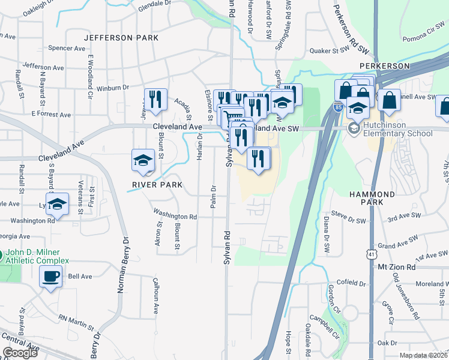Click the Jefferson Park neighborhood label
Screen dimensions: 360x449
click(121, 38)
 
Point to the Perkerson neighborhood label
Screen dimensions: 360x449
click(384, 65)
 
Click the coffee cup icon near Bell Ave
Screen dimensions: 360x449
click(50, 277)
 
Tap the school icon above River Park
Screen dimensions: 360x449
click(143, 160)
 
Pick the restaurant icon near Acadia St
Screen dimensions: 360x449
click(155, 99)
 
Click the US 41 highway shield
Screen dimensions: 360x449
click(373, 255)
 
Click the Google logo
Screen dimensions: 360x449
click(20, 353)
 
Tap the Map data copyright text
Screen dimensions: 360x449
click(423, 355)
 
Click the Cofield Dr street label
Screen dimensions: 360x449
click(352, 283)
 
